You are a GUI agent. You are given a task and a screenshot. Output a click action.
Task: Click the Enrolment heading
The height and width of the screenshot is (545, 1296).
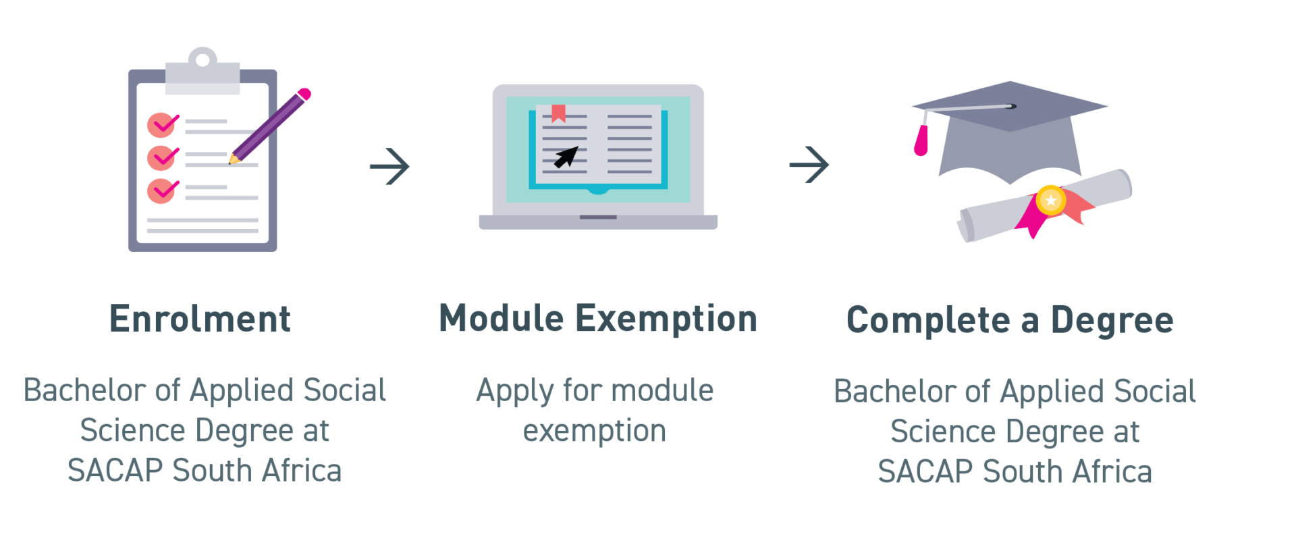point(199,319)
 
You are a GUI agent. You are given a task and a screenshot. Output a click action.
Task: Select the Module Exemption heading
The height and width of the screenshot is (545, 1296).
point(598,319)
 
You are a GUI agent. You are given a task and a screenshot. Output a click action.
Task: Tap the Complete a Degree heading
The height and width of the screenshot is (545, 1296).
point(1010,320)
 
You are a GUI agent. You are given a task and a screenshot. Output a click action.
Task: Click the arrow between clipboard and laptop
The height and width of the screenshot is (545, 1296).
point(390,165)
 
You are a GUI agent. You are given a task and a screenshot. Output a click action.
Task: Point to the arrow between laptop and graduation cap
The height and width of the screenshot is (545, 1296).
point(809,164)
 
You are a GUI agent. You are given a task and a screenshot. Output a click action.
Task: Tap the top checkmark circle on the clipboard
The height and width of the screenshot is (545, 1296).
point(162,124)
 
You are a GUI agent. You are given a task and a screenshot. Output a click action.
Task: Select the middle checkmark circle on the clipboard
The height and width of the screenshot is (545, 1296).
point(162,157)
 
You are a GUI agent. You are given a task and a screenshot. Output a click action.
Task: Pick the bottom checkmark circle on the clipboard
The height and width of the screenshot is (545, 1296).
point(162,190)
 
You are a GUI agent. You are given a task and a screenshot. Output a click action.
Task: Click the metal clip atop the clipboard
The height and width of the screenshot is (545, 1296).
point(202,70)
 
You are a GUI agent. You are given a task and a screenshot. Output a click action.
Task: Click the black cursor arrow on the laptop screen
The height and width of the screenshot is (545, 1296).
point(566,157)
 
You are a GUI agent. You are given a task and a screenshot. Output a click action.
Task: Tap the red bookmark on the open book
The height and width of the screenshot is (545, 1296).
point(558,113)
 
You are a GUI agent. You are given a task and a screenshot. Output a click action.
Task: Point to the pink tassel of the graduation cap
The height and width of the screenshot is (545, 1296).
point(921,140)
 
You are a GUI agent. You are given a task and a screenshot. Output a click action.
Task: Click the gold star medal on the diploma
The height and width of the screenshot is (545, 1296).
point(1051,201)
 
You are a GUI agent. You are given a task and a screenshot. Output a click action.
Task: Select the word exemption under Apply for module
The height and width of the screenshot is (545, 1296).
point(595,431)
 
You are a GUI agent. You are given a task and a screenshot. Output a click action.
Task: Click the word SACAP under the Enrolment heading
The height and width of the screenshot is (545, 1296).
point(114,471)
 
